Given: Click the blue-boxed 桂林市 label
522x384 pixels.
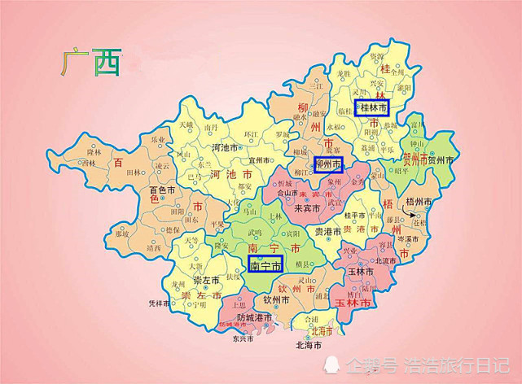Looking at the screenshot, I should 371,107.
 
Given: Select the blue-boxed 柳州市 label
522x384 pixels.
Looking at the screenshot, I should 328,165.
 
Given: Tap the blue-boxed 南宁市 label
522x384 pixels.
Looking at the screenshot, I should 265,264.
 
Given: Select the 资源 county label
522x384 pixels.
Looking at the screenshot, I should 377,56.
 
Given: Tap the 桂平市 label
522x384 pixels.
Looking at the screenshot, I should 356,216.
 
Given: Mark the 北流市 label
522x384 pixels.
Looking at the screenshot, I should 385,261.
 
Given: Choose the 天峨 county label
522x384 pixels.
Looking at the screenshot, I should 186,125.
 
